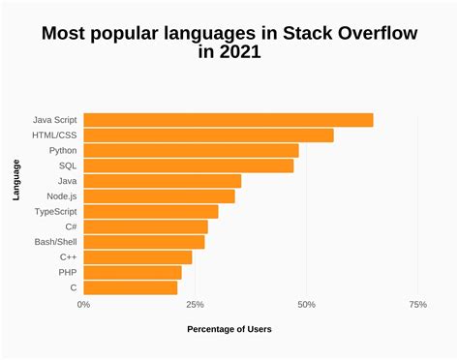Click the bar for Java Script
tap(228, 120)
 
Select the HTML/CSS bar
tap(208, 135)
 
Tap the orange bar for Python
tap(191, 151)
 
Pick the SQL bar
tap(188, 165)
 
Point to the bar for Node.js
tap(159, 196)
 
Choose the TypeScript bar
tap(150, 211)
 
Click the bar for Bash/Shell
tap(144, 242)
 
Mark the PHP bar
tap(133, 272)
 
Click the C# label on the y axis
tap(71, 226)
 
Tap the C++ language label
tap(68, 257)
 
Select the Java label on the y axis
tap(68, 181)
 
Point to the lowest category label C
tap(74, 287)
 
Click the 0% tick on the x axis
tap(84, 305)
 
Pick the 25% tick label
tap(195, 305)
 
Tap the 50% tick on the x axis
tap(307, 305)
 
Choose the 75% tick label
tap(417, 305)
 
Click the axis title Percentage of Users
tap(229, 329)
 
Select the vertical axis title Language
tap(17, 181)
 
